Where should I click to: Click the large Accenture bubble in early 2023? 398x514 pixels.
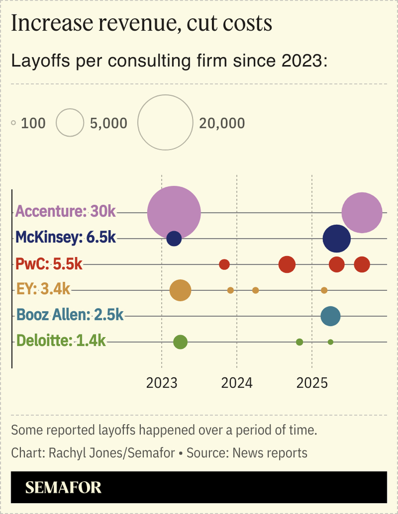coord(174,212)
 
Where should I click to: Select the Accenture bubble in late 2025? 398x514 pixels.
coord(362,212)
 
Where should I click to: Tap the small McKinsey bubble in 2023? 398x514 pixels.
coord(174,238)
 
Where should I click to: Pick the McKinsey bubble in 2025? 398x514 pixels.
coord(337,239)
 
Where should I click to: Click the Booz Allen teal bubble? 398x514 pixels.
coord(330,316)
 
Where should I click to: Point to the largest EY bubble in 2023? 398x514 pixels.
coord(180,290)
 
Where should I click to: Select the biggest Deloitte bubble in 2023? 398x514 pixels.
coord(181,342)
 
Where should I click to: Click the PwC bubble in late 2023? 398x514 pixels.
coord(224,265)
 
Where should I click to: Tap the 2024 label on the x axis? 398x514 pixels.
coord(237,383)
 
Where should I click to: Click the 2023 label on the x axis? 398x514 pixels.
coord(162,383)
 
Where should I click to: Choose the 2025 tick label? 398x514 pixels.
coord(312,383)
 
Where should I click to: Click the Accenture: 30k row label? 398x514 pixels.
coord(66,211)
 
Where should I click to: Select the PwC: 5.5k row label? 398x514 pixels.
coord(49,263)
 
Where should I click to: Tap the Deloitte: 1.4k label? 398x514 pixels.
coord(61,340)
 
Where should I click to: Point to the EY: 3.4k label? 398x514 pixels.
coord(43,289)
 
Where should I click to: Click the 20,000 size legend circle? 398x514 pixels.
coord(165,123)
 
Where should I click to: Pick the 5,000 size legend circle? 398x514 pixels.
coord(70,123)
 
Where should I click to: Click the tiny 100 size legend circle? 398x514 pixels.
coord(13,123)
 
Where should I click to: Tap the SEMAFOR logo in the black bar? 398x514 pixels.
coord(63,487)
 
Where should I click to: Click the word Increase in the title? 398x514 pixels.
coord(44,24)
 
